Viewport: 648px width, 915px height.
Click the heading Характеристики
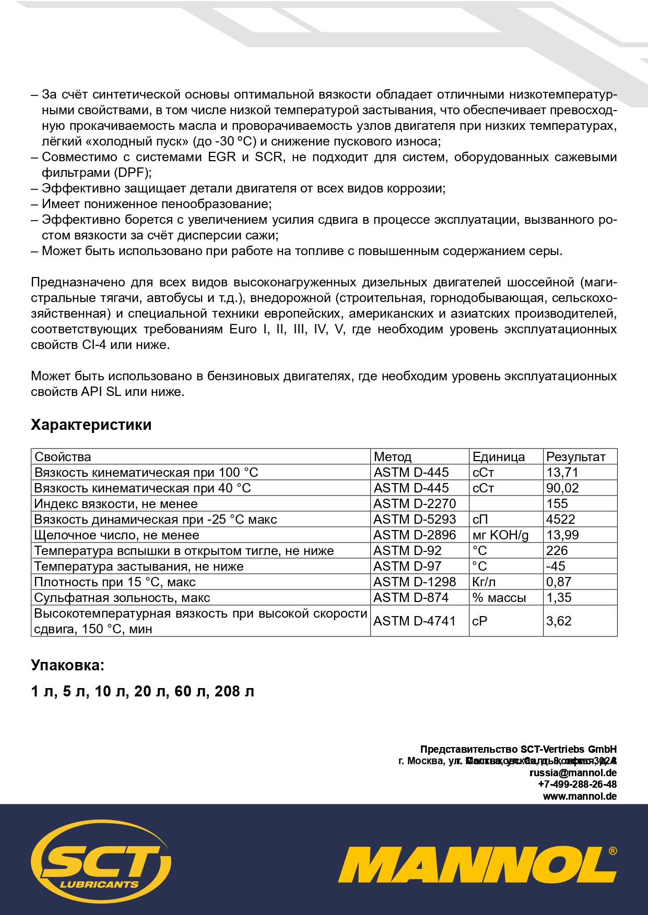91,425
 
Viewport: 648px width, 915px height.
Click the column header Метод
392,457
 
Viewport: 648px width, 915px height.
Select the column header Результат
575,457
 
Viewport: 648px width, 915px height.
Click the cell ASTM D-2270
415,504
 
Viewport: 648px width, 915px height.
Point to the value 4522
560,520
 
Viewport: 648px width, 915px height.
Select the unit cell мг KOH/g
500,535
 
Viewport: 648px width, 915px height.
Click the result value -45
556,567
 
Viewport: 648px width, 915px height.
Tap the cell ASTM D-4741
415,621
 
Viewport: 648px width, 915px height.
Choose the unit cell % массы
499,598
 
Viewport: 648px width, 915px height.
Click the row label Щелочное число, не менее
116,535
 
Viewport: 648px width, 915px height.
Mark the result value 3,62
559,621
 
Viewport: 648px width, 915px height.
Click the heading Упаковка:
67,665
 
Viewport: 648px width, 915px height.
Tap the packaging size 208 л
234,691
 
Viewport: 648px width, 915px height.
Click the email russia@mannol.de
573,773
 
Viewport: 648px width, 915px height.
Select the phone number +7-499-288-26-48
577,784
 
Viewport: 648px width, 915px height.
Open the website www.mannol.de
580,796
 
